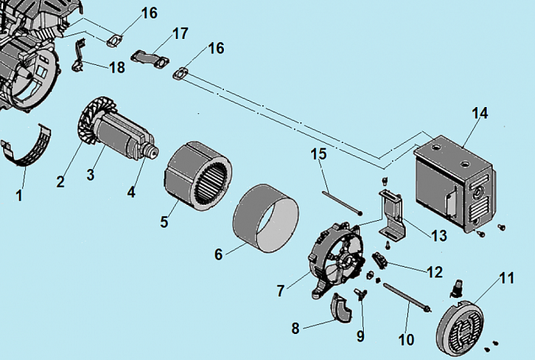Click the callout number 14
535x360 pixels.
[x=479, y=114]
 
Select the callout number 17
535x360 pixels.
[x=180, y=34]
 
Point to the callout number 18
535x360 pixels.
[x=116, y=67]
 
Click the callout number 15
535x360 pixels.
[x=319, y=154]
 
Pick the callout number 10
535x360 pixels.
[x=405, y=337]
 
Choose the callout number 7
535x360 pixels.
[x=281, y=290]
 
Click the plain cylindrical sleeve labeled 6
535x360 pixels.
[x=264, y=219]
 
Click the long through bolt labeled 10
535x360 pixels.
[x=407, y=297]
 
